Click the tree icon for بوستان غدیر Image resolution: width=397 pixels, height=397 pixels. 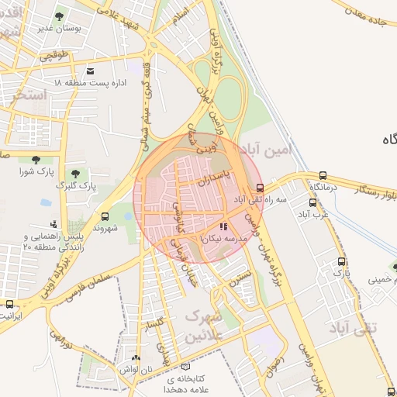60,16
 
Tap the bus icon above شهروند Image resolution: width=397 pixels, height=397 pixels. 105,216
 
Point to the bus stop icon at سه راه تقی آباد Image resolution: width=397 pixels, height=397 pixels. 260,188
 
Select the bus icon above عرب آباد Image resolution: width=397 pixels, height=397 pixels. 312,202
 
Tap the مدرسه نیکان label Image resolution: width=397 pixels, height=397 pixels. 223,240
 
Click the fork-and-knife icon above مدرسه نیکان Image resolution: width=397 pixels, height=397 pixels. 223,227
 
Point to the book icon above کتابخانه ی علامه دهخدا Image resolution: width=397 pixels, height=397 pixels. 185,366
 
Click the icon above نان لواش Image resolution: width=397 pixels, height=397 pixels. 136,358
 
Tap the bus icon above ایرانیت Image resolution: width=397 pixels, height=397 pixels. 9,304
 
